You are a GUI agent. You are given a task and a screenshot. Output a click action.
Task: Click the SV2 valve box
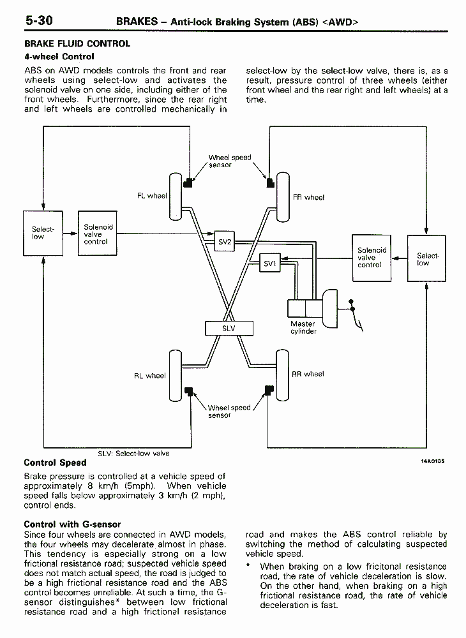click(224, 241)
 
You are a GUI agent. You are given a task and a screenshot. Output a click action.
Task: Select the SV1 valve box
click(270, 263)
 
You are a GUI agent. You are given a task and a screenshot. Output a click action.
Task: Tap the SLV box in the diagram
click(229, 329)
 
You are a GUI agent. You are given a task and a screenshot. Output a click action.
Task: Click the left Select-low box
click(43, 233)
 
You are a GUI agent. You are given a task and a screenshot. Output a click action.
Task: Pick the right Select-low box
click(426, 258)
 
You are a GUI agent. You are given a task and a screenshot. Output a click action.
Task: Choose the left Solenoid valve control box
click(97, 233)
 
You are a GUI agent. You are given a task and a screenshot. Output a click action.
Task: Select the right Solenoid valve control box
click(372, 258)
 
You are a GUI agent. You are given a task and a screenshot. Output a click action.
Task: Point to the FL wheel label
click(152, 196)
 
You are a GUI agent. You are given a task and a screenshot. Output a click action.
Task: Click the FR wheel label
click(308, 197)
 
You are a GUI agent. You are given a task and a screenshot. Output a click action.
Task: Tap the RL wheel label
click(150, 376)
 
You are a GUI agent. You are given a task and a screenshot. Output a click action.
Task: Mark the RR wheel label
click(308, 374)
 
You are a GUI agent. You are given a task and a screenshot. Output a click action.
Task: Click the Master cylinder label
click(303, 327)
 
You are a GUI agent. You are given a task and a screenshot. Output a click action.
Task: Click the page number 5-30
click(39, 20)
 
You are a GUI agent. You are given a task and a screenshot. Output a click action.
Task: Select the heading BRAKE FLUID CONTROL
click(77, 43)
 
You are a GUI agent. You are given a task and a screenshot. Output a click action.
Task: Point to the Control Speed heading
click(55, 463)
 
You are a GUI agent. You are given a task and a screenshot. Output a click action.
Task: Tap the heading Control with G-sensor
click(72, 524)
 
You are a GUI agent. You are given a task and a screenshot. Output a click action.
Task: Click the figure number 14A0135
click(433, 461)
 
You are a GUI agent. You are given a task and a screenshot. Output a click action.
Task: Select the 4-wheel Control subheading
click(59, 57)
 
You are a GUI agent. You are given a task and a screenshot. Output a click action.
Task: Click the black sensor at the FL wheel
click(188, 182)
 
